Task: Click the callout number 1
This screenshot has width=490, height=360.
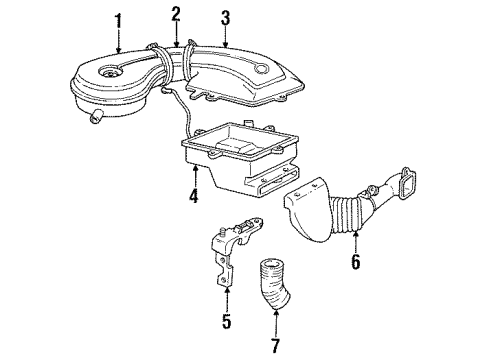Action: pyautogui.click(x=119, y=20)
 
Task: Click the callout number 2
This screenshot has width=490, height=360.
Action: pyautogui.click(x=175, y=14)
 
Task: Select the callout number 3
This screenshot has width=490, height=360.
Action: pyautogui.click(x=226, y=17)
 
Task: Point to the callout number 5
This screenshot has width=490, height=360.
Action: pyautogui.click(x=227, y=322)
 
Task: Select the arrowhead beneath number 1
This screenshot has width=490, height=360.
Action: pyautogui.click(x=119, y=51)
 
